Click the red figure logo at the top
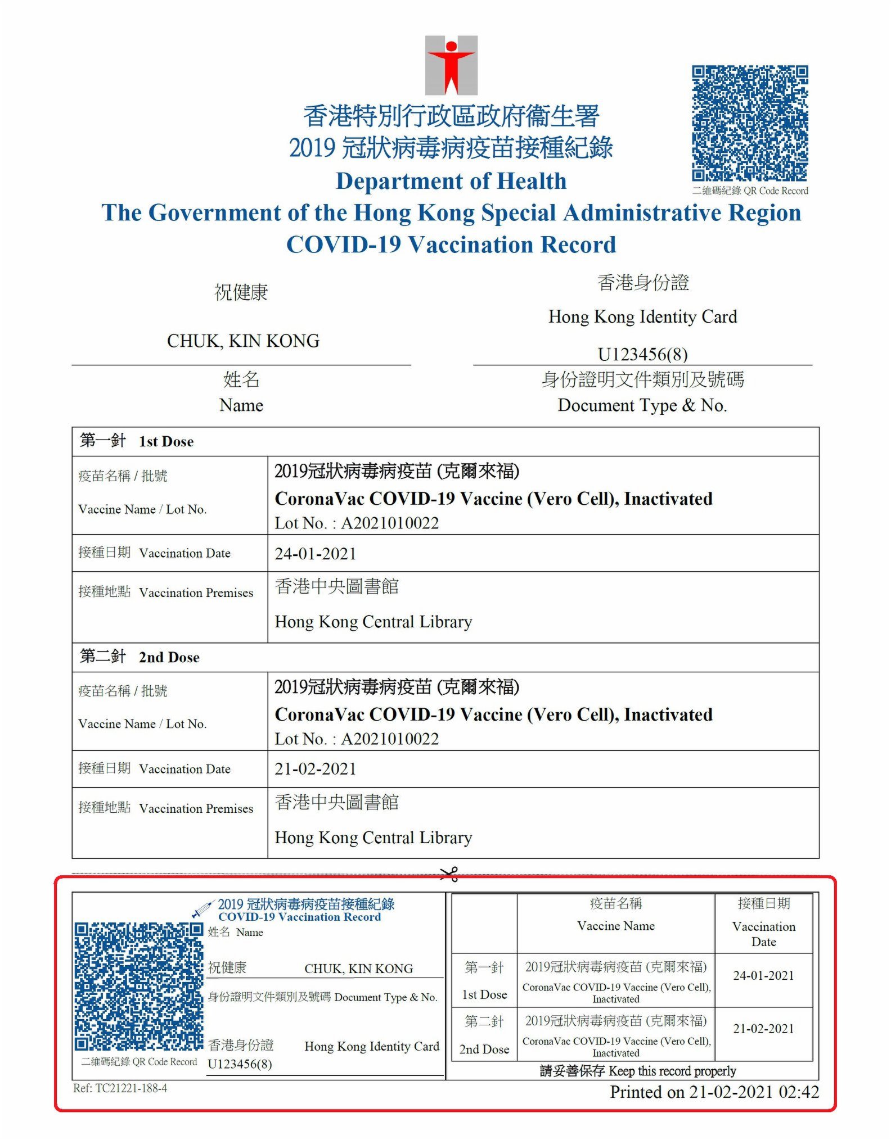click(x=451, y=65)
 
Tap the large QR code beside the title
click(x=750, y=123)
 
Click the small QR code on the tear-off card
click(x=138, y=986)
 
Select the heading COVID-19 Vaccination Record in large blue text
click(x=451, y=245)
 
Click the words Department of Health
click(x=451, y=181)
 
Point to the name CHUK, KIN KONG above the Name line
click(x=243, y=341)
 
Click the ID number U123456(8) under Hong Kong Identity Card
click(x=642, y=354)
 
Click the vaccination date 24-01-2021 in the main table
click(x=316, y=554)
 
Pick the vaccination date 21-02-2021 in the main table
click(x=316, y=769)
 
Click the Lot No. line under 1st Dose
click(x=357, y=523)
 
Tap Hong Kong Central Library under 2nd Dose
click(x=373, y=838)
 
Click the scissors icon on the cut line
click(x=449, y=874)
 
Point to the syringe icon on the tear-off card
click(x=202, y=909)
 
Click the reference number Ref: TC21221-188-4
click(x=120, y=1088)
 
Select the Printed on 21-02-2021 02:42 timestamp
click(x=714, y=1092)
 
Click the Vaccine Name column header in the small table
click(x=616, y=926)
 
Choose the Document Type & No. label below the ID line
click(x=642, y=405)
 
